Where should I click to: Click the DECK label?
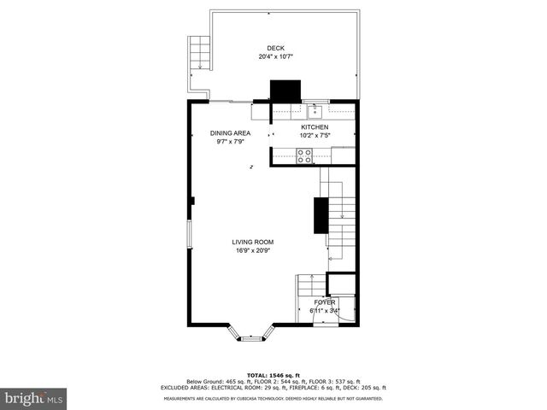274,48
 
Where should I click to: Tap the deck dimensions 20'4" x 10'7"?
274,57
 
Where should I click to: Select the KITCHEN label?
314,126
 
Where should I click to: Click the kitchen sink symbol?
315,109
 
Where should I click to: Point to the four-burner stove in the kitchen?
303,155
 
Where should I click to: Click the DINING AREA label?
231,133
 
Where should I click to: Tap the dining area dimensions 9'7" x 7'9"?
231,142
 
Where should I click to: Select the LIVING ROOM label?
253,242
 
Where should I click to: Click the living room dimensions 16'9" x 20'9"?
253,251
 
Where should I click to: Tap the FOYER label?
325,302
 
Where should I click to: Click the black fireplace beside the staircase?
321,214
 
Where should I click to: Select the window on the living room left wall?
190,236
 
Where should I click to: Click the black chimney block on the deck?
285,91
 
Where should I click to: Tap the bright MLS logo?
34,398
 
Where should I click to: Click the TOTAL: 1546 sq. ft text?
274,375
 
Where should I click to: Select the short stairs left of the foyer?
307,296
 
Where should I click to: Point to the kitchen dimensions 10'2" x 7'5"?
314,135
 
